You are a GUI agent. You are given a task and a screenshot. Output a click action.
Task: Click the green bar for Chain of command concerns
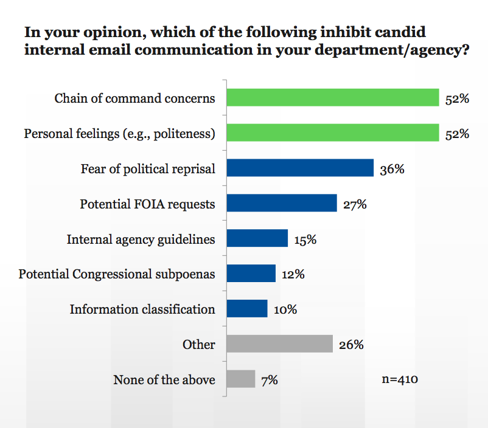click(332, 98)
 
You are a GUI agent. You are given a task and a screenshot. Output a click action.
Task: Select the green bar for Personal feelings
click(332, 133)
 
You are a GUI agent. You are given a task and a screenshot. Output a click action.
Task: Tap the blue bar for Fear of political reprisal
click(299, 168)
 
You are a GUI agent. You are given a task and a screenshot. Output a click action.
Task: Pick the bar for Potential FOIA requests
click(281, 204)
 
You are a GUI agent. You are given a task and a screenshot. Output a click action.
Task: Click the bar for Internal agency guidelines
click(257, 238)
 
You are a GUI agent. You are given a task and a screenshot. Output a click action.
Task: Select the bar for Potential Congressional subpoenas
click(251, 274)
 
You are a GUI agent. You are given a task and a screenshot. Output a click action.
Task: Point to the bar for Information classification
click(247, 309)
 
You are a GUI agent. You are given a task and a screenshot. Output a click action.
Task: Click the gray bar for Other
click(279, 344)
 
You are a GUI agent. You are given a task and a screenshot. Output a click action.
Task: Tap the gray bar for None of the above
click(240, 379)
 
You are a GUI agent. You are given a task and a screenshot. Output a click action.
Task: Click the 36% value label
click(392, 169)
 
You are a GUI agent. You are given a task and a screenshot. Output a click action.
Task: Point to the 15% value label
click(305, 240)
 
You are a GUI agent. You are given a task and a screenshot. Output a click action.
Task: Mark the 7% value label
click(269, 380)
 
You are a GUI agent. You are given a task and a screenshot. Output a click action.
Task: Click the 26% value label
click(351, 345)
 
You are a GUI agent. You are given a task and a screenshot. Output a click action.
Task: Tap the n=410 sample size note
click(400, 379)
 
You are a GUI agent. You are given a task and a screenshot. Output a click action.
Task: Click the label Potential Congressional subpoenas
click(117, 274)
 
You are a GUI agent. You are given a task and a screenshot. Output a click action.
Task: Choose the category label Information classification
click(142, 309)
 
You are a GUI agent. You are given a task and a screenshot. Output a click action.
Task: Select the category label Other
click(199, 345)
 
